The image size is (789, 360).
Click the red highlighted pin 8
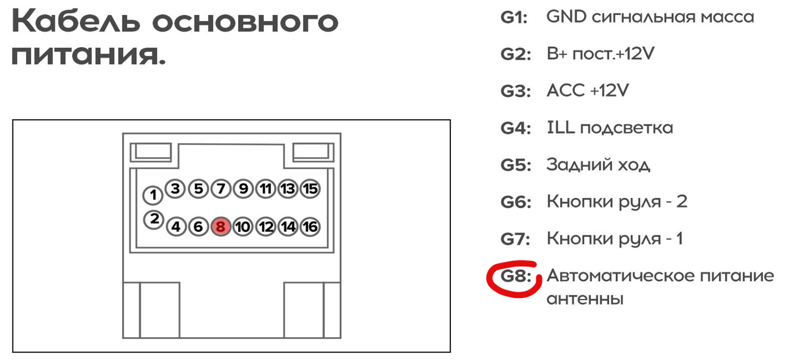(220, 227)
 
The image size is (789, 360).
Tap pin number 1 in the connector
(153, 195)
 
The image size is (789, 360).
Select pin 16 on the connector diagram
(310, 227)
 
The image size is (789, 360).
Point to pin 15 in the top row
(310, 189)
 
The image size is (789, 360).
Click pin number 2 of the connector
(154, 219)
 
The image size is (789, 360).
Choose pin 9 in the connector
(243, 189)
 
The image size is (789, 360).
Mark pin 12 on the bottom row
(266, 227)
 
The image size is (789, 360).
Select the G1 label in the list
(514, 18)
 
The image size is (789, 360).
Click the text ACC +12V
(588, 91)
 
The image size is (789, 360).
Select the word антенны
(585, 299)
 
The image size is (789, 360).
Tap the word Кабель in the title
(75, 23)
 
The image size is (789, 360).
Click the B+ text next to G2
(557, 54)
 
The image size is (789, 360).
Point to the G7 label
(515, 239)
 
